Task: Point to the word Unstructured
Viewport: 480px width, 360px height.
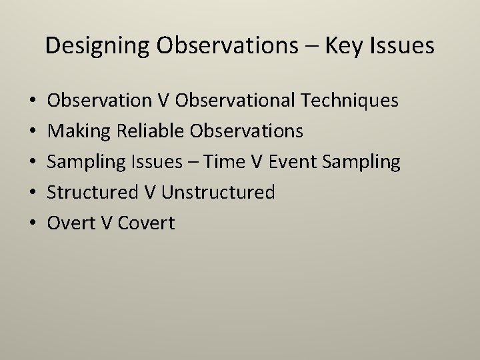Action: pos(218,193)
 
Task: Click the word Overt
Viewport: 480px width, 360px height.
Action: pos(71,223)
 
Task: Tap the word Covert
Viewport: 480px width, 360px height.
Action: pos(146,223)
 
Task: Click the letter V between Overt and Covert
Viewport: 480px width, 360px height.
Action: pos(106,223)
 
